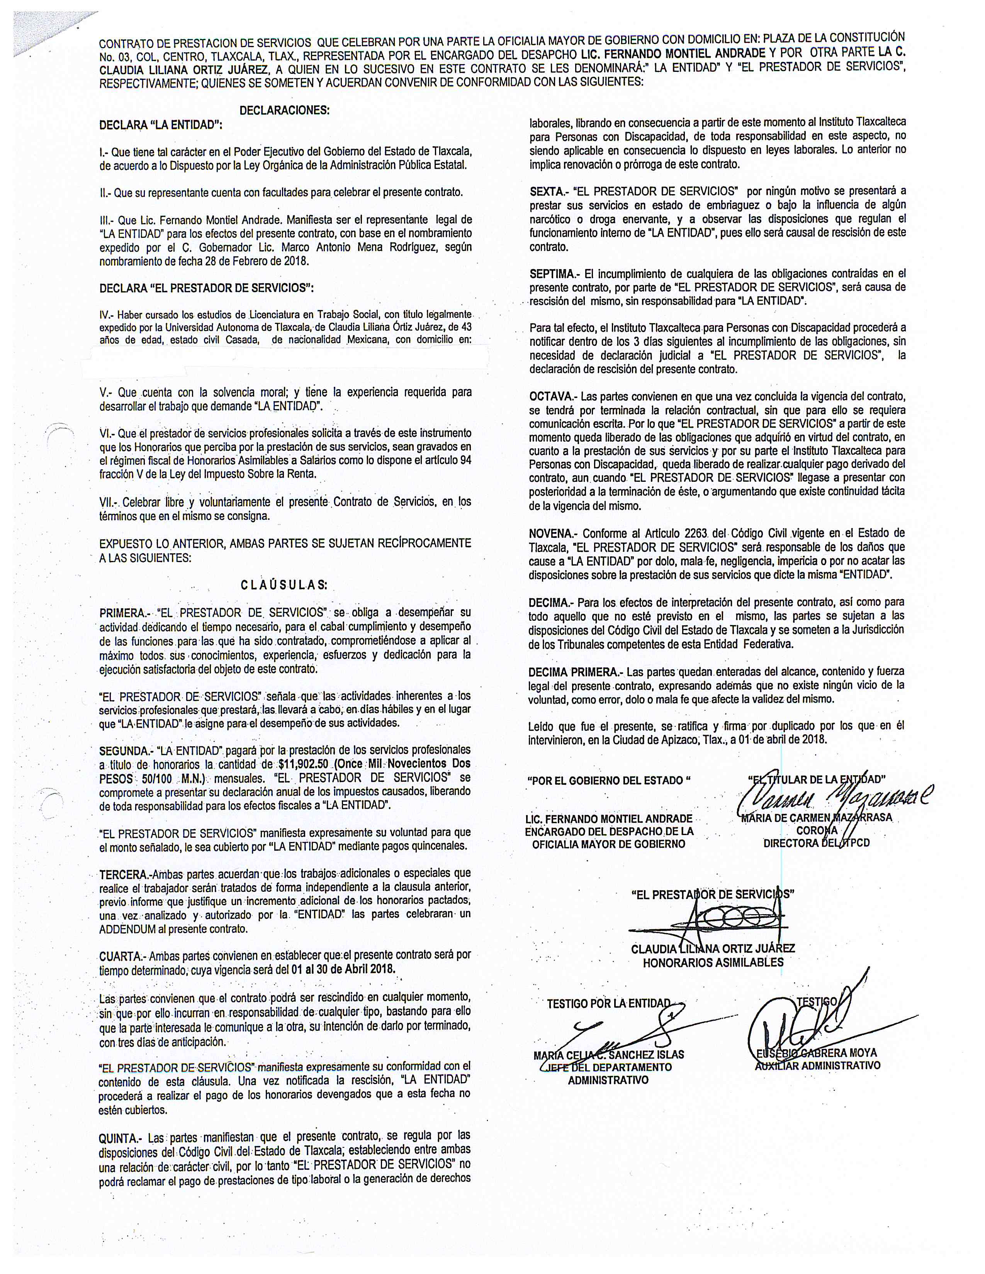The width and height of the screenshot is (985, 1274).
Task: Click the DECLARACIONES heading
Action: tap(284, 110)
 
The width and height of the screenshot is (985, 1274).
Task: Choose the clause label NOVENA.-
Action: tap(553, 533)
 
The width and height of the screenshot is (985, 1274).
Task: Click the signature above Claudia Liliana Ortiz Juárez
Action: tap(712, 920)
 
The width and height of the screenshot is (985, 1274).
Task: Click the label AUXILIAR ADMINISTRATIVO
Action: tap(817, 1065)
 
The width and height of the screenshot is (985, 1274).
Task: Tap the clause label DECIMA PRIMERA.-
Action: tap(574, 671)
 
